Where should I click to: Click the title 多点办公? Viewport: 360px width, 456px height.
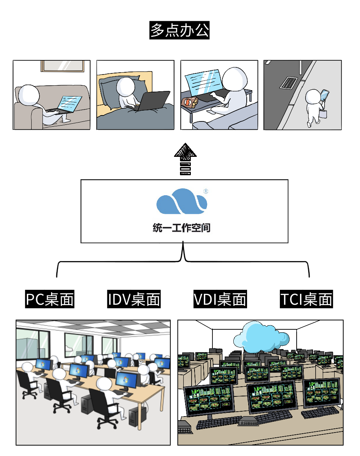[x=180, y=31]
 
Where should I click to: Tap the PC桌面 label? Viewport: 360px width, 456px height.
[x=50, y=299]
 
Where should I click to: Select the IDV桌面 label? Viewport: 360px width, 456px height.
[x=134, y=299]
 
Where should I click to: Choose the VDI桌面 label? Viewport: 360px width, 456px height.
[x=220, y=299]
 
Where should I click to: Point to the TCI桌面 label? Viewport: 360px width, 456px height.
[x=306, y=299]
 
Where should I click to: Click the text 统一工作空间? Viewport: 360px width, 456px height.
[x=182, y=228]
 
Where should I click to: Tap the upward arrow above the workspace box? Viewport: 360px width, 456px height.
[x=185, y=158]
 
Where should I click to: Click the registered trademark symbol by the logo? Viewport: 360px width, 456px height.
[x=206, y=191]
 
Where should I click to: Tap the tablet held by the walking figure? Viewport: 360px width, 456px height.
[x=325, y=95]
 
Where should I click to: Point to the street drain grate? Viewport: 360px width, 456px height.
[x=289, y=82]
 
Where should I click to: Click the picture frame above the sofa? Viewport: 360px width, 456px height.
[x=63, y=66]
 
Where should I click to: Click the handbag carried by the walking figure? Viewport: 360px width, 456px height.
[x=323, y=113]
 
